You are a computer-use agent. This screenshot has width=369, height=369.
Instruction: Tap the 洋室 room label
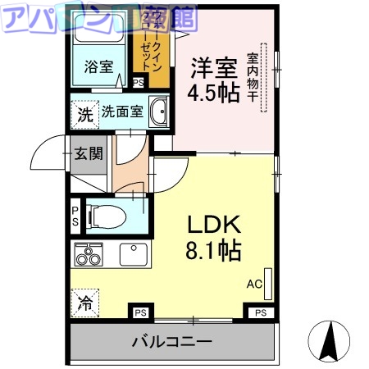tap(214, 65)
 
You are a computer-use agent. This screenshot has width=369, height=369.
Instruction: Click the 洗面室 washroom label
tap(122, 112)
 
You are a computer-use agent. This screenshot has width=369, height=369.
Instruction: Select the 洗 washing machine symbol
tap(84, 114)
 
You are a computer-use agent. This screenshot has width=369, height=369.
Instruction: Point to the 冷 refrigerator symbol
tap(84, 303)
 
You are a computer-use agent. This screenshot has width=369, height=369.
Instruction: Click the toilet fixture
tap(107, 217)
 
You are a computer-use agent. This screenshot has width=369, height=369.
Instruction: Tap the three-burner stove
tap(88, 255)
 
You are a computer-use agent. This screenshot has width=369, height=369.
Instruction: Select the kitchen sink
tap(133, 253)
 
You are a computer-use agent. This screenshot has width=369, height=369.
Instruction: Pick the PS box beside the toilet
tap(75, 216)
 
